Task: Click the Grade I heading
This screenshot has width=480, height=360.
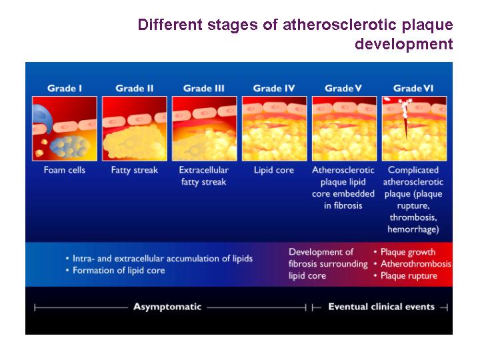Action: click(65, 89)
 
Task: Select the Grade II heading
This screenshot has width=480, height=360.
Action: click(135, 89)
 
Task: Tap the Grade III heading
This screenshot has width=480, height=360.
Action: click(204, 89)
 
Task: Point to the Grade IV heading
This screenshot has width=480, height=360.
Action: click(274, 89)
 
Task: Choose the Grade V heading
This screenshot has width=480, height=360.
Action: click(343, 89)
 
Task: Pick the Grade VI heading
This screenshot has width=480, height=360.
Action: click(413, 89)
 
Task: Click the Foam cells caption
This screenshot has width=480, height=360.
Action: click(64, 170)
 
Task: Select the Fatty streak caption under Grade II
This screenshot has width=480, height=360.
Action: click(135, 170)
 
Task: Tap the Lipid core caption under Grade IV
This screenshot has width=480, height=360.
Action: click(274, 170)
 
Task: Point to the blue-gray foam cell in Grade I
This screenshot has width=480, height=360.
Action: click(70, 147)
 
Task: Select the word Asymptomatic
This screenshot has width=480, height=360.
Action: click(167, 307)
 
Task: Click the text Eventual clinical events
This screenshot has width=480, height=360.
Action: click(381, 307)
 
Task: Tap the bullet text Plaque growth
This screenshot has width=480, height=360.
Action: click(408, 252)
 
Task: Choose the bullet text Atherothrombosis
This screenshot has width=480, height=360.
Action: click(416, 264)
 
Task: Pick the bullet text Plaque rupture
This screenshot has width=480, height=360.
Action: click(409, 276)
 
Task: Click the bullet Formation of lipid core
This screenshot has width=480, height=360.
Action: click(119, 271)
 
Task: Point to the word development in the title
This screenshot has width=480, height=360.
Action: click(404, 44)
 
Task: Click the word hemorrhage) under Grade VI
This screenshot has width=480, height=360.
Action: click(413, 229)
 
